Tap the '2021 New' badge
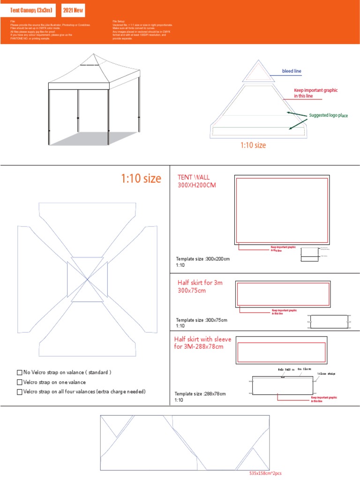tap(76, 9)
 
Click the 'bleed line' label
tap(292, 71)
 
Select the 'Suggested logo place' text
tap(328, 115)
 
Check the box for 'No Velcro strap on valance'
tap(20, 373)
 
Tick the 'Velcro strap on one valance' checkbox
tap(20, 382)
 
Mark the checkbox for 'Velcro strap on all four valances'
tap(20, 392)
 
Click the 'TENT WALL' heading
tap(194, 177)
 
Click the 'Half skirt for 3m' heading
tap(200, 283)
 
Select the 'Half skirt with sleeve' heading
tap(202, 339)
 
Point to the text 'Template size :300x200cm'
tap(202, 259)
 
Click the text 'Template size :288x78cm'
tap(200, 394)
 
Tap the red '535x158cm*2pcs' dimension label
tap(265, 473)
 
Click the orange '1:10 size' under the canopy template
tap(253, 145)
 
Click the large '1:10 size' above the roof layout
tap(141, 179)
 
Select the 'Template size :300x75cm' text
tap(201, 320)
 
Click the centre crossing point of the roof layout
tap(87, 279)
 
